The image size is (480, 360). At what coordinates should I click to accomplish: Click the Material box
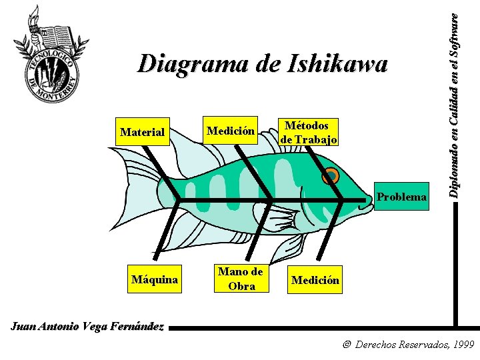142,132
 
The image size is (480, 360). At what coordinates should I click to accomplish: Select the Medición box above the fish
231,131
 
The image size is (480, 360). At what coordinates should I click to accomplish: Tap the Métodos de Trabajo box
309,132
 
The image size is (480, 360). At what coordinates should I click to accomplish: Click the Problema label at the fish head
401,197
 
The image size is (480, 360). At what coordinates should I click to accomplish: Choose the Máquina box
155,279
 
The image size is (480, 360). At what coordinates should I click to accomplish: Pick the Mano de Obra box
241,279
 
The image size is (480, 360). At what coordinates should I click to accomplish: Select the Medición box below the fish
315,280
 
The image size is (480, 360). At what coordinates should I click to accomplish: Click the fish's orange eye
331,176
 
